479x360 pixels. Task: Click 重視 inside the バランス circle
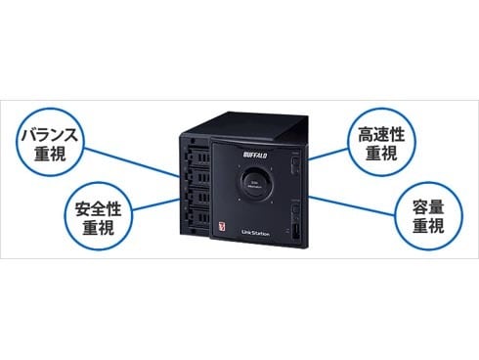[60, 156]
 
